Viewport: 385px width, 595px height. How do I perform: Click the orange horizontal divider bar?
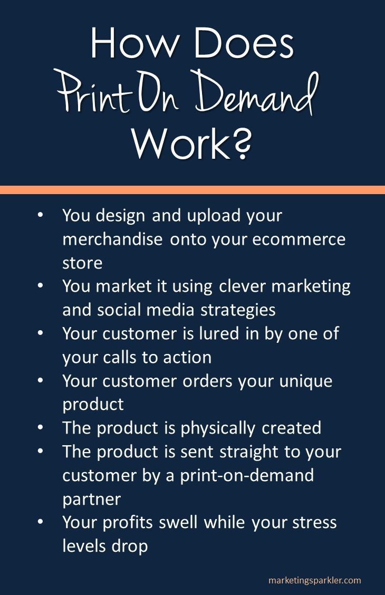click(192, 190)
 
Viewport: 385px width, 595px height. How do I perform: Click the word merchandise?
click(112, 239)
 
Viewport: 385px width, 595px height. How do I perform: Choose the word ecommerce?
click(299, 239)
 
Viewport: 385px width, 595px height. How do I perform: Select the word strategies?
click(238, 310)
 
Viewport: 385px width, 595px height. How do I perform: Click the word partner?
click(92, 499)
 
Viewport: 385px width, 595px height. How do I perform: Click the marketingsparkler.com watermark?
click(315, 580)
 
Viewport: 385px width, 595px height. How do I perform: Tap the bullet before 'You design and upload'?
click(41, 215)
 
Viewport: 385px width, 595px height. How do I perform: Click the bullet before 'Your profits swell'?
click(41, 522)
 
